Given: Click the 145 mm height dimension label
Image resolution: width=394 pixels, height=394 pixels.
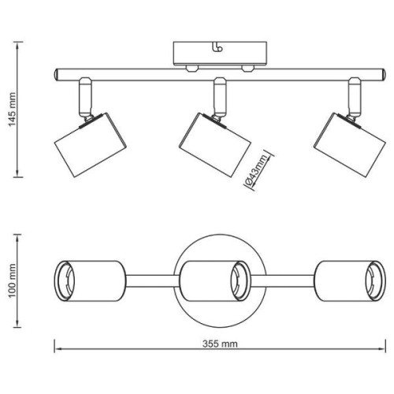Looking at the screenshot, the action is (x=13, y=110).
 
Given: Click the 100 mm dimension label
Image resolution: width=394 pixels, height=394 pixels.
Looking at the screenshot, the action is (x=13, y=281).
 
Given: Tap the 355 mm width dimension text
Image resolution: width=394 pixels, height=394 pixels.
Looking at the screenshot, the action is (x=220, y=344).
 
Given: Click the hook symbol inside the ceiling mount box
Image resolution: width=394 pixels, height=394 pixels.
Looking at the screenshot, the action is (x=218, y=47).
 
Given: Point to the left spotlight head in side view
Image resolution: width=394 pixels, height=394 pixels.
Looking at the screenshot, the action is (x=91, y=145).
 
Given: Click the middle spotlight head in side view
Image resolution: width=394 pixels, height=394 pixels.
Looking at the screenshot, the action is (x=215, y=144).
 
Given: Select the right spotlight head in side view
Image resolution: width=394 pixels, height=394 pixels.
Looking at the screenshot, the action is (x=350, y=145).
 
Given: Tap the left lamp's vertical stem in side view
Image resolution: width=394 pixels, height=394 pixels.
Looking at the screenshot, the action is (x=85, y=96).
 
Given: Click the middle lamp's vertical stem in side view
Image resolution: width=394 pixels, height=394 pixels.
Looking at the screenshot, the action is (x=220, y=96).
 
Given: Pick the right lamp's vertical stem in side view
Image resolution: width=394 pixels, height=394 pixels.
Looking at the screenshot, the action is (x=355, y=96).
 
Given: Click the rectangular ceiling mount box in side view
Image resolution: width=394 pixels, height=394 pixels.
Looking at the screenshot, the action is (x=220, y=54).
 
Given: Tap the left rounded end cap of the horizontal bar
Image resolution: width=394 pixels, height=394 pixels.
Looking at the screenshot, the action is (x=56, y=74).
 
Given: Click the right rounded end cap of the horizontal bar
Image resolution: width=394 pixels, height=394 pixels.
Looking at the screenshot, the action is (x=384, y=75).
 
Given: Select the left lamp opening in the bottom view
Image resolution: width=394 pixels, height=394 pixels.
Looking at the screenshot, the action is (x=65, y=281).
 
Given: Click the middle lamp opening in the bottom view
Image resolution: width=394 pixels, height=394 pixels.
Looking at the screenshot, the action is (x=240, y=281).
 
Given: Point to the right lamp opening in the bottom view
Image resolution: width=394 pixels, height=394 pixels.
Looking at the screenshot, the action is (x=376, y=281).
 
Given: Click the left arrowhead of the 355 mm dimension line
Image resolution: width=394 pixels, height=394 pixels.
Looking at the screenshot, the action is (x=58, y=349).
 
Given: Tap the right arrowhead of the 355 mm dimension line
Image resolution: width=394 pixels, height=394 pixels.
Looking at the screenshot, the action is (x=382, y=349).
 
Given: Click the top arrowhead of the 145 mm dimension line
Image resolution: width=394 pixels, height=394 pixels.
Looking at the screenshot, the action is (x=17, y=45).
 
